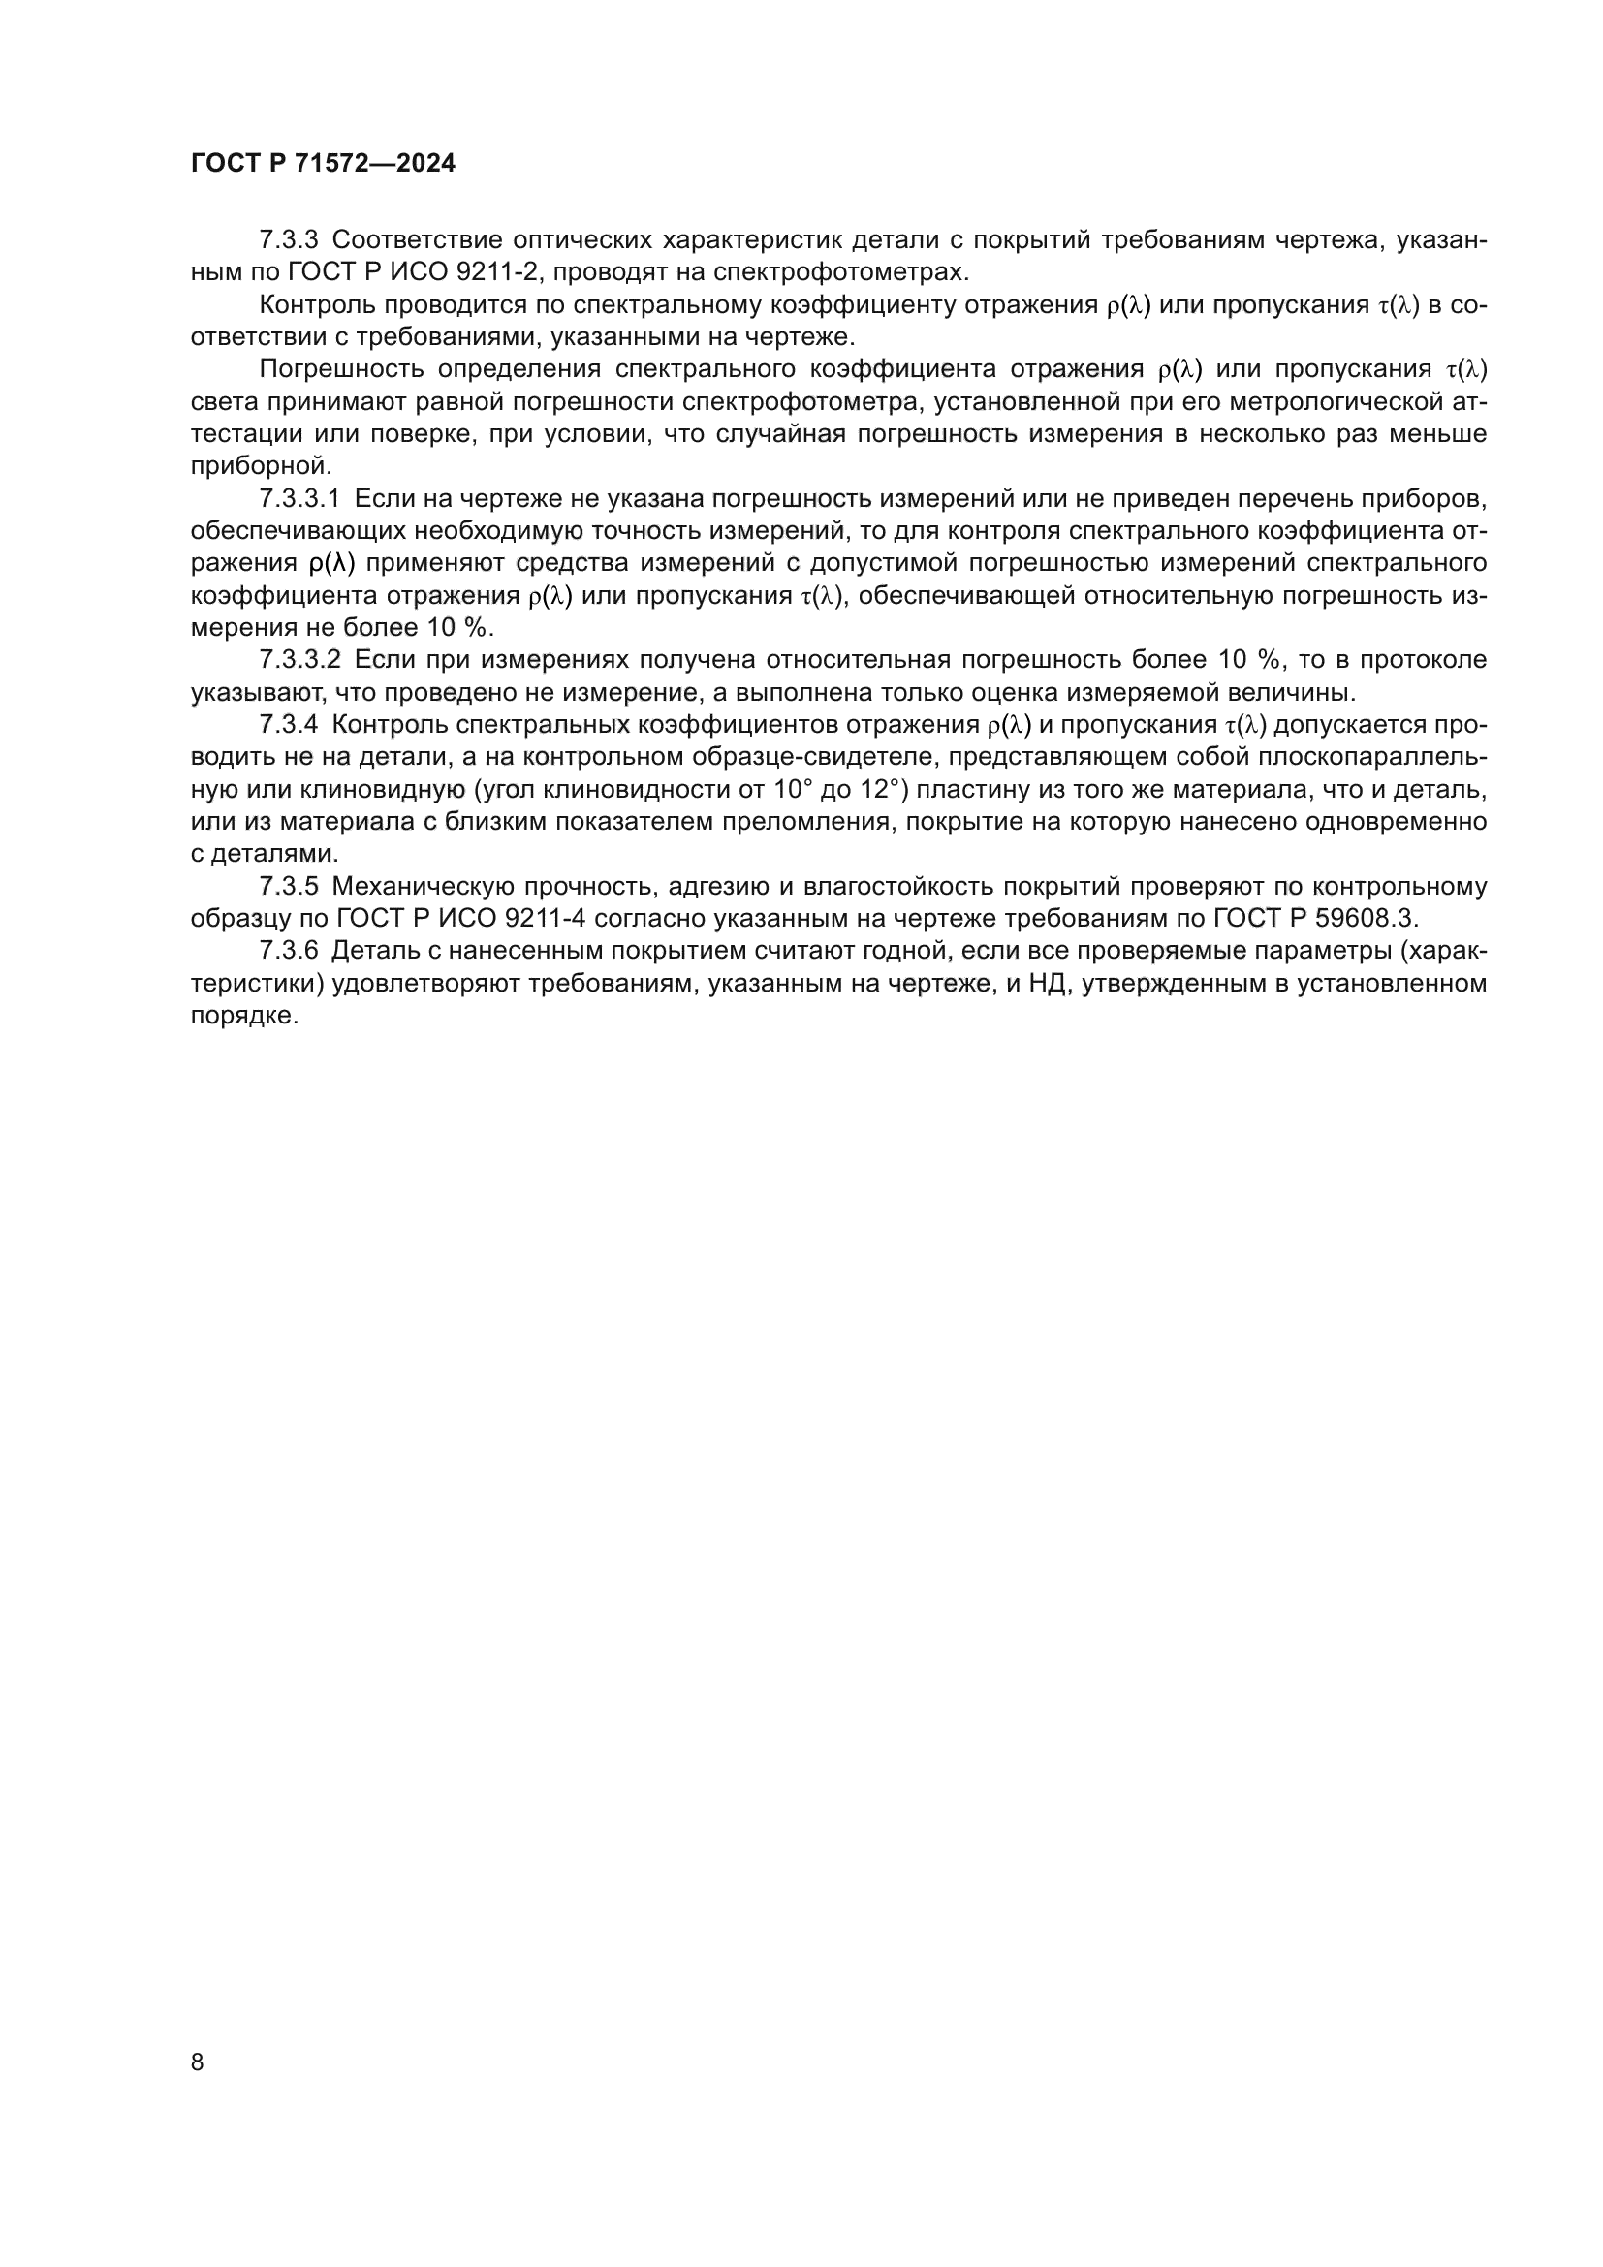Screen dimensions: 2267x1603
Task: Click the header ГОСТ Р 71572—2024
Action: pos(323,164)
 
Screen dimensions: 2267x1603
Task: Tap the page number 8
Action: pos(198,2062)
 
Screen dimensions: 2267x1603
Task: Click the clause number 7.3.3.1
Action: pos(299,498)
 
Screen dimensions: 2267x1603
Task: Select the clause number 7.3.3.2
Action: pos(299,660)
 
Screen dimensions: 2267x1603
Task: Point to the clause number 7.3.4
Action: pos(288,725)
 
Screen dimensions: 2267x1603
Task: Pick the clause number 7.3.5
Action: pos(288,887)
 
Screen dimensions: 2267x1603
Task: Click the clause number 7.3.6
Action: pos(288,951)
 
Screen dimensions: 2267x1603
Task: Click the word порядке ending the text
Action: pos(243,1016)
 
